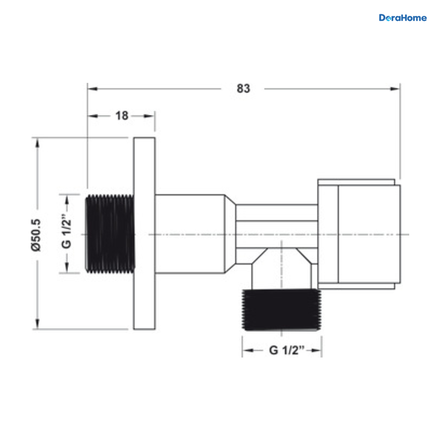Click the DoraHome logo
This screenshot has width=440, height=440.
[403, 18]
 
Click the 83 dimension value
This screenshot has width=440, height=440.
[243, 89]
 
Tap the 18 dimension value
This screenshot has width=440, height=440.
[122, 116]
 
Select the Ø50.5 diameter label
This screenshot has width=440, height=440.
[36, 235]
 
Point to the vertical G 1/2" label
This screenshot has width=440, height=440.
[66, 233]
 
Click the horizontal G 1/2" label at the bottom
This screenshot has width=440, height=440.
[287, 350]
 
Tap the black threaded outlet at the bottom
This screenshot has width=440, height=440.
[281, 310]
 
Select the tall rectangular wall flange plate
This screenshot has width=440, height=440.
[144, 233]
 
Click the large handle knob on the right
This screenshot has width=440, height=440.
[359, 234]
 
